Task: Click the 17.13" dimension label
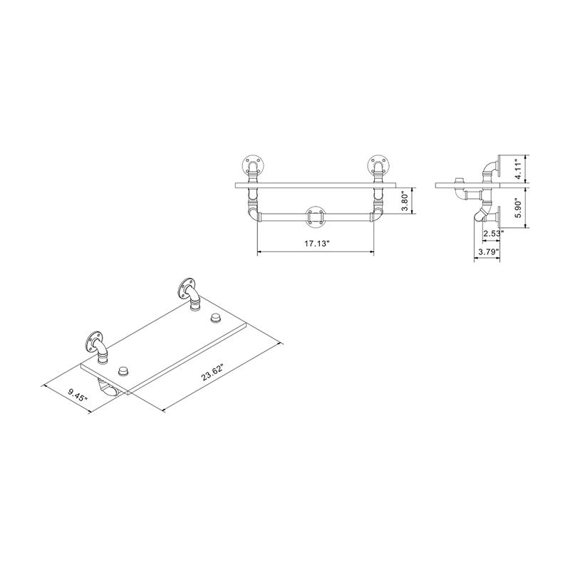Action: coord(315,244)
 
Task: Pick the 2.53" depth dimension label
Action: coord(493,233)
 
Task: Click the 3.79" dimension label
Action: coord(487,252)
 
